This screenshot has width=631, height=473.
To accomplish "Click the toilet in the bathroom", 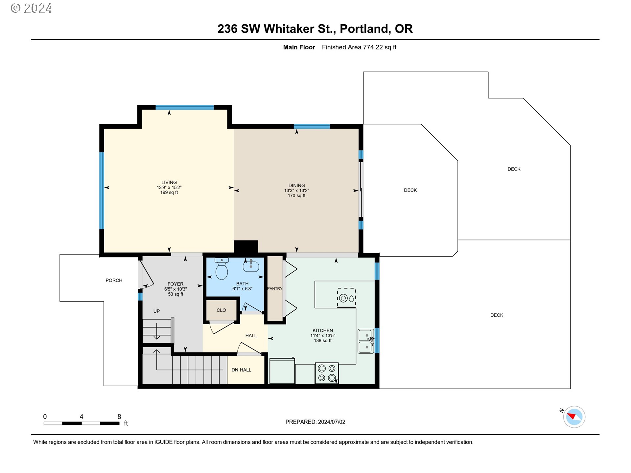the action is coord(222,269).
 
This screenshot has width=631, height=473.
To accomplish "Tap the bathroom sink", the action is coord(251,266).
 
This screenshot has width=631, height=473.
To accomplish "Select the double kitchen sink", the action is coord(366,341).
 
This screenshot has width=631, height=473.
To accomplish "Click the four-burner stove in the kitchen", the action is coord(327,373).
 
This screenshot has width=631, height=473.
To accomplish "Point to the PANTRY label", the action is coord(275,288).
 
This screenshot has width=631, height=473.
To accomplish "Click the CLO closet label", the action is coord(221,310).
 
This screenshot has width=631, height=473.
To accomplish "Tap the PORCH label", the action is coord(114,280).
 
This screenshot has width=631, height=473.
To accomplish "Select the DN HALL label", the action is coord(241,370).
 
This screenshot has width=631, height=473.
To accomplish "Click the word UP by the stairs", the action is coord(156,311).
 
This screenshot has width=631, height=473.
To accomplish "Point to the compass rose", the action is coord(574,417).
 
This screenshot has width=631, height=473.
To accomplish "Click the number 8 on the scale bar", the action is coord(119,417).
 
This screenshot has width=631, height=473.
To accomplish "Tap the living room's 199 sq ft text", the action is coord(169,192).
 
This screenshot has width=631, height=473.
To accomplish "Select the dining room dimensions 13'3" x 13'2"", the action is coord(296,191).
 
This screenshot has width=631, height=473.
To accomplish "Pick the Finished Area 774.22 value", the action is coord(373,47).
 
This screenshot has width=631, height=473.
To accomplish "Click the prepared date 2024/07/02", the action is coord(332,422).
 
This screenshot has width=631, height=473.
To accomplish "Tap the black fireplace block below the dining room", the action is coord(246,246).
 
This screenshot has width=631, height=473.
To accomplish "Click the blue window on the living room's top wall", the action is coord(185,107).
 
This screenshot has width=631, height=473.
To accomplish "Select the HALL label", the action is coord(251,336).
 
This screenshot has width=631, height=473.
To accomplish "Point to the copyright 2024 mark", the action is coord(31,8).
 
